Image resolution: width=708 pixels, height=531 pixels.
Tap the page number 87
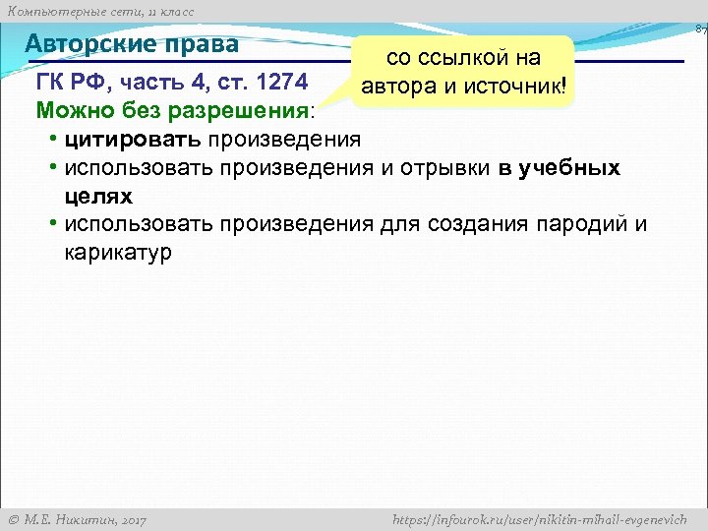[x=700, y=30]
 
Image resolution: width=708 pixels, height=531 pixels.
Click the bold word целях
[x=98, y=196]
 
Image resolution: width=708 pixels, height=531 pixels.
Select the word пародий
[x=577, y=224]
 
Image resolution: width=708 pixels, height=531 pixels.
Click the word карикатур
[x=118, y=253]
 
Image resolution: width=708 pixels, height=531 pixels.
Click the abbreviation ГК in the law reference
[x=49, y=80]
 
